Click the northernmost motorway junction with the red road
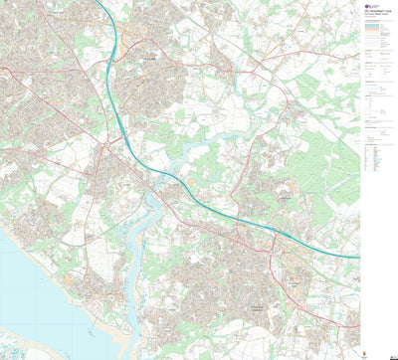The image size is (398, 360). [x=110, y=76]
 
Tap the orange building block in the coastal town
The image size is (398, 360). [x=69, y=279]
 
